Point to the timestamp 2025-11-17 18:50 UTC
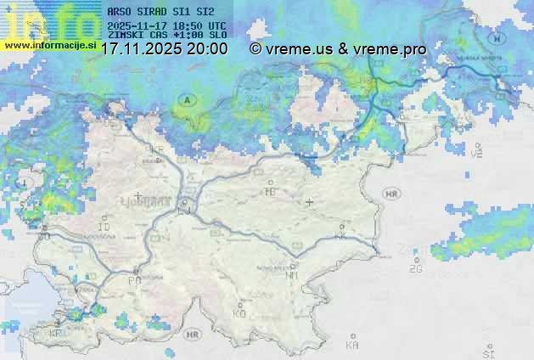pyautogui.click(x=167, y=25)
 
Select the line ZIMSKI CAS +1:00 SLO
pyautogui.click(x=167, y=36)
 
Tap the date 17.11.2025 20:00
pyautogui.click(x=164, y=49)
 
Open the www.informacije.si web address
pyautogui.click(x=48, y=44)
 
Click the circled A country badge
pyautogui.click(x=186, y=100)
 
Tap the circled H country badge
pyautogui.click(x=499, y=38)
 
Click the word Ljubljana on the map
pyautogui.click(x=153, y=202)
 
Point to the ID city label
pyautogui.click(x=105, y=228)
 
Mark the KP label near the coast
pyautogui.click(x=57, y=334)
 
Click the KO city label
pyautogui.click(x=239, y=313)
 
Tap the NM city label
pyautogui.click(x=292, y=276)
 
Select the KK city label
pyautogui.click(x=341, y=237)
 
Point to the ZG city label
pyautogui.click(x=415, y=269)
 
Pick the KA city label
pyautogui.click(x=352, y=346)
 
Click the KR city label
pyautogui.click(x=156, y=150)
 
